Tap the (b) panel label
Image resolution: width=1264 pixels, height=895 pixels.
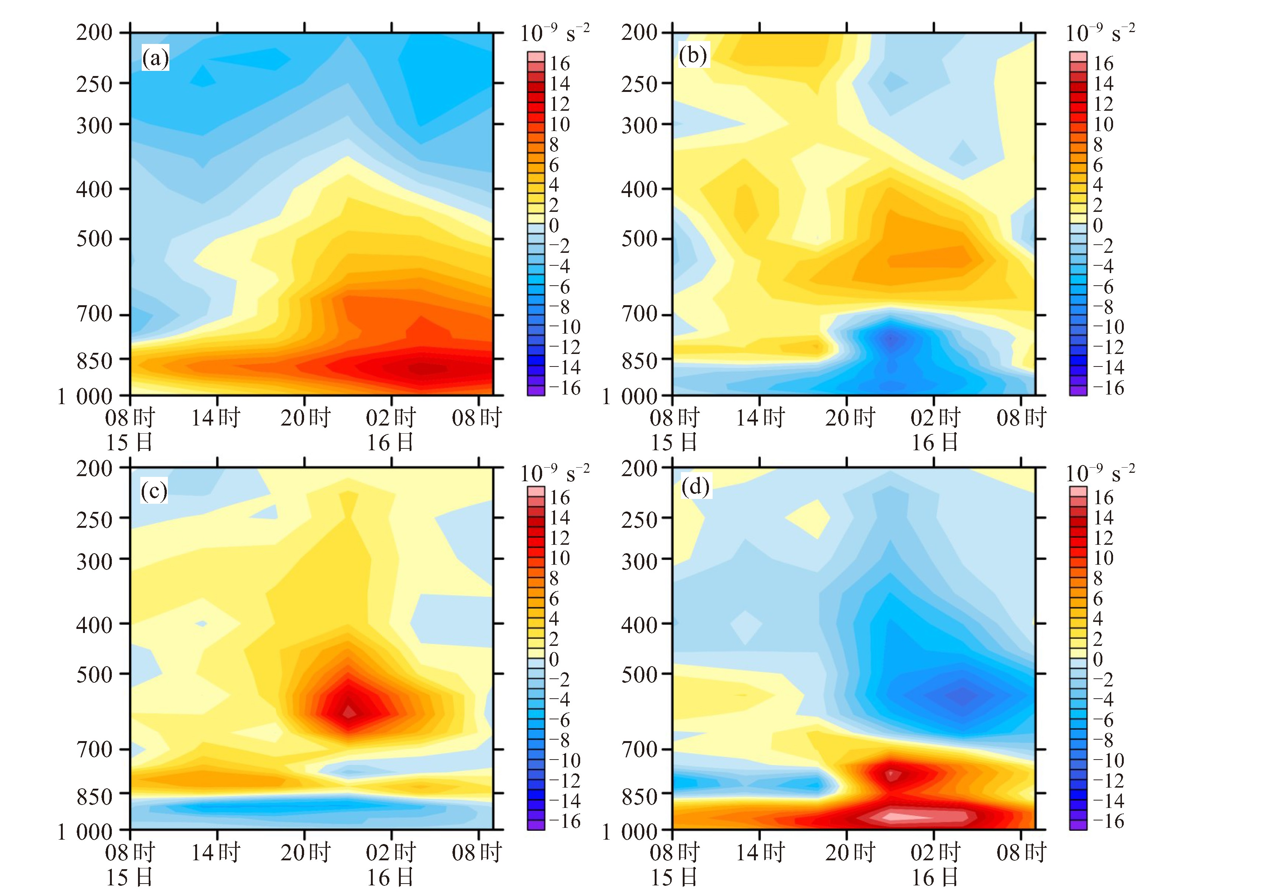693,56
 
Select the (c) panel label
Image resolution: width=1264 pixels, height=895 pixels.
154,490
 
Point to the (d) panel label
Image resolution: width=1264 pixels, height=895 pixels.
695,487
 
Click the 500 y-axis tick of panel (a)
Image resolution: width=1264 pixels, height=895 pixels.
94,239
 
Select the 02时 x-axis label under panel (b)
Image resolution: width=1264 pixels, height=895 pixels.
935,418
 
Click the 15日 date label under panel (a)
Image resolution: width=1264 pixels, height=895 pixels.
129,443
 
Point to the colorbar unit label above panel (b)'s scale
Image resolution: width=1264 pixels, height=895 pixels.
1100,33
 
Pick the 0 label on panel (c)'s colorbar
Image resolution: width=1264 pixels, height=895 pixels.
554,659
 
